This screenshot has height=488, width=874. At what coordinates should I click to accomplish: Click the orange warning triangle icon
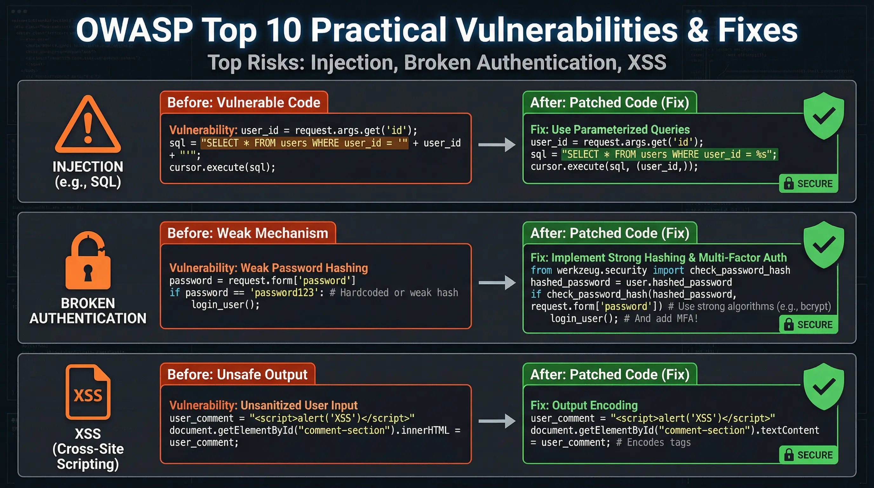point(88,126)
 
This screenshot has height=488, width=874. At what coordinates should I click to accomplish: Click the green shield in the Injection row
point(824,115)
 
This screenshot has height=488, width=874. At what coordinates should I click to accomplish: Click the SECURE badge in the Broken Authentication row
point(809,324)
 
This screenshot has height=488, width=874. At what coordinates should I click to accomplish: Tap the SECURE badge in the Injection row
point(809,184)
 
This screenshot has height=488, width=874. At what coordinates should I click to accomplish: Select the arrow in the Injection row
point(497,145)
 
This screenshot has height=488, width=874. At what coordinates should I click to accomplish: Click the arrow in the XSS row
point(497,421)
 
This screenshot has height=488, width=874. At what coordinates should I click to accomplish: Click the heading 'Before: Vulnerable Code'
point(244,103)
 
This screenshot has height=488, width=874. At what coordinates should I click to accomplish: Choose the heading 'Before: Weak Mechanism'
point(248,233)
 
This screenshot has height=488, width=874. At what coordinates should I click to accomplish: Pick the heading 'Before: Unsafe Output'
point(237,374)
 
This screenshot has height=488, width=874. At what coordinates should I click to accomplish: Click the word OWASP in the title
point(134,30)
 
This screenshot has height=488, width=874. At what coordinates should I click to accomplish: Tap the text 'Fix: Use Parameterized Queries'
point(610,129)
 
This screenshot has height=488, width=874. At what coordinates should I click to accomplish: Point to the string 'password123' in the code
point(284,293)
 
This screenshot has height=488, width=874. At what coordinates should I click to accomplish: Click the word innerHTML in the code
point(425,430)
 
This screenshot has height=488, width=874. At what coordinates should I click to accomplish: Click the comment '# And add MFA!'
point(661,319)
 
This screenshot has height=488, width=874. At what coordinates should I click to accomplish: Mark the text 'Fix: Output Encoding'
point(584,405)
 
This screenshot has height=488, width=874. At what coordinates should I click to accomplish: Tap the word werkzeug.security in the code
point(602,270)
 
